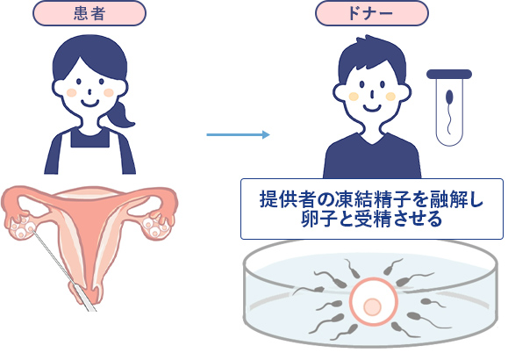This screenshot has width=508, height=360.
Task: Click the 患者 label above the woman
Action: pyautogui.click(x=89, y=13)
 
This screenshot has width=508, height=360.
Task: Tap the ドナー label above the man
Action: pyautogui.click(x=372, y=13)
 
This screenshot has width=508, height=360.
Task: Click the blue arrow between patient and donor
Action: pyautogui.click(x=238, y=134)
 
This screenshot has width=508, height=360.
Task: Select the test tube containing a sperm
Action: pyautogui.click(x=449, y=107)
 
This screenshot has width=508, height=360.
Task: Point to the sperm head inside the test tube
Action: pyautogui.click(x=449, y=97)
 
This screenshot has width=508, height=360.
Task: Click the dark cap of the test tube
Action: pyautogui.click(x=449, y=75)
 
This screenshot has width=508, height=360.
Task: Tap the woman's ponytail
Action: pyautogui.click(x=121, y=115)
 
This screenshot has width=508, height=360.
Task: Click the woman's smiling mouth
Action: pyautogui.click(x=89, y=104)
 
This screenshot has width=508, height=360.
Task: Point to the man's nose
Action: pyautogui.click(x=373, y=94)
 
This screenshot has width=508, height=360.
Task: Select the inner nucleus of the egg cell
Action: pyautogui.click(x=372, y=306)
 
